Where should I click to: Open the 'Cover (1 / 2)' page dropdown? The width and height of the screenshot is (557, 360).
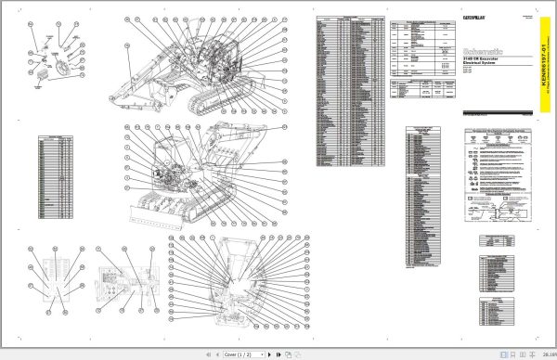click(244, 354)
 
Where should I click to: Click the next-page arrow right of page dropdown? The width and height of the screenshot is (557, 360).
click(269, 354)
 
